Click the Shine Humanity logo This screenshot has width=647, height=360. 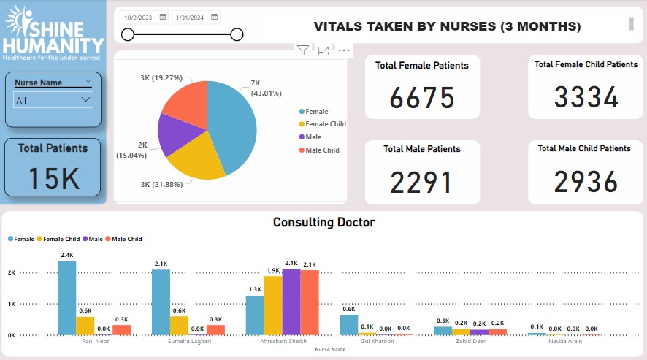(53, 33)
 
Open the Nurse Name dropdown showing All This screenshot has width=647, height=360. (53, 99)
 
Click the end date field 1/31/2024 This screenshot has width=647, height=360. (195, 17)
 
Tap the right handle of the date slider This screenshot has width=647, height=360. (237, 34)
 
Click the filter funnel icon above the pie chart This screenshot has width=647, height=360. (302, 50)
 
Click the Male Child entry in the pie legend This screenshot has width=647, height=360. (322, 150)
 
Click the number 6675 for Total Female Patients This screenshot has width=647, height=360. (422, 98)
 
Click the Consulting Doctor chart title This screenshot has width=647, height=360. (323, 222)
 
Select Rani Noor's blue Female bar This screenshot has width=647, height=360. (67, 298)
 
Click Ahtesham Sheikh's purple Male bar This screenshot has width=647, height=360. (291, 302)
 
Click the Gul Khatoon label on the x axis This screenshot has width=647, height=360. (377, 341)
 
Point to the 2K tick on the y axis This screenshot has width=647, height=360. (11, 272)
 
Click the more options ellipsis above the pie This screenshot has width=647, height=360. (344, 50)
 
